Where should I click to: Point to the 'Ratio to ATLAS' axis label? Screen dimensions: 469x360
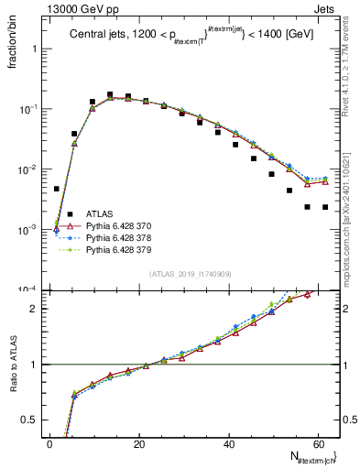(14, 363)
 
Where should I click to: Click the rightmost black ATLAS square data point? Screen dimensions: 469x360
(325, 207)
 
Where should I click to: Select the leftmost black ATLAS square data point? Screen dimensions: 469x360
(57, 189)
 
